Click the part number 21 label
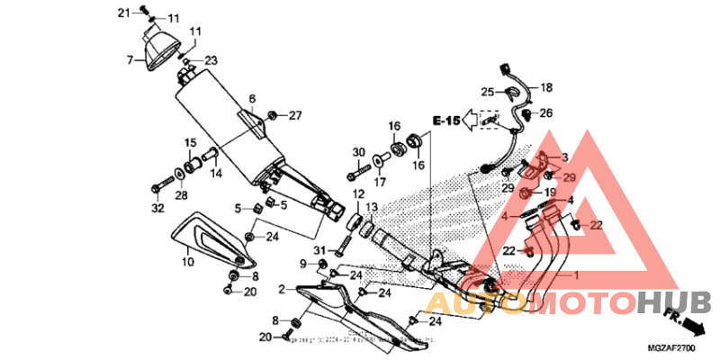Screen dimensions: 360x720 124,12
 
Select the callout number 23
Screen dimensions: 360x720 211,61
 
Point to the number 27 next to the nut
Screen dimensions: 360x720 295,115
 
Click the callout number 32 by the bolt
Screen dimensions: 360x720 157,209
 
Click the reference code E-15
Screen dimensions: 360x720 445,120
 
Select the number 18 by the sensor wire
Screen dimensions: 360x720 545,87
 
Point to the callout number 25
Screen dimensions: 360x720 487,92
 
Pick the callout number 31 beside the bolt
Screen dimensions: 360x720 318,249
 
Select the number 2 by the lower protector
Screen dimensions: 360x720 282,289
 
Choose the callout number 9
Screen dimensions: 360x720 304,263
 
